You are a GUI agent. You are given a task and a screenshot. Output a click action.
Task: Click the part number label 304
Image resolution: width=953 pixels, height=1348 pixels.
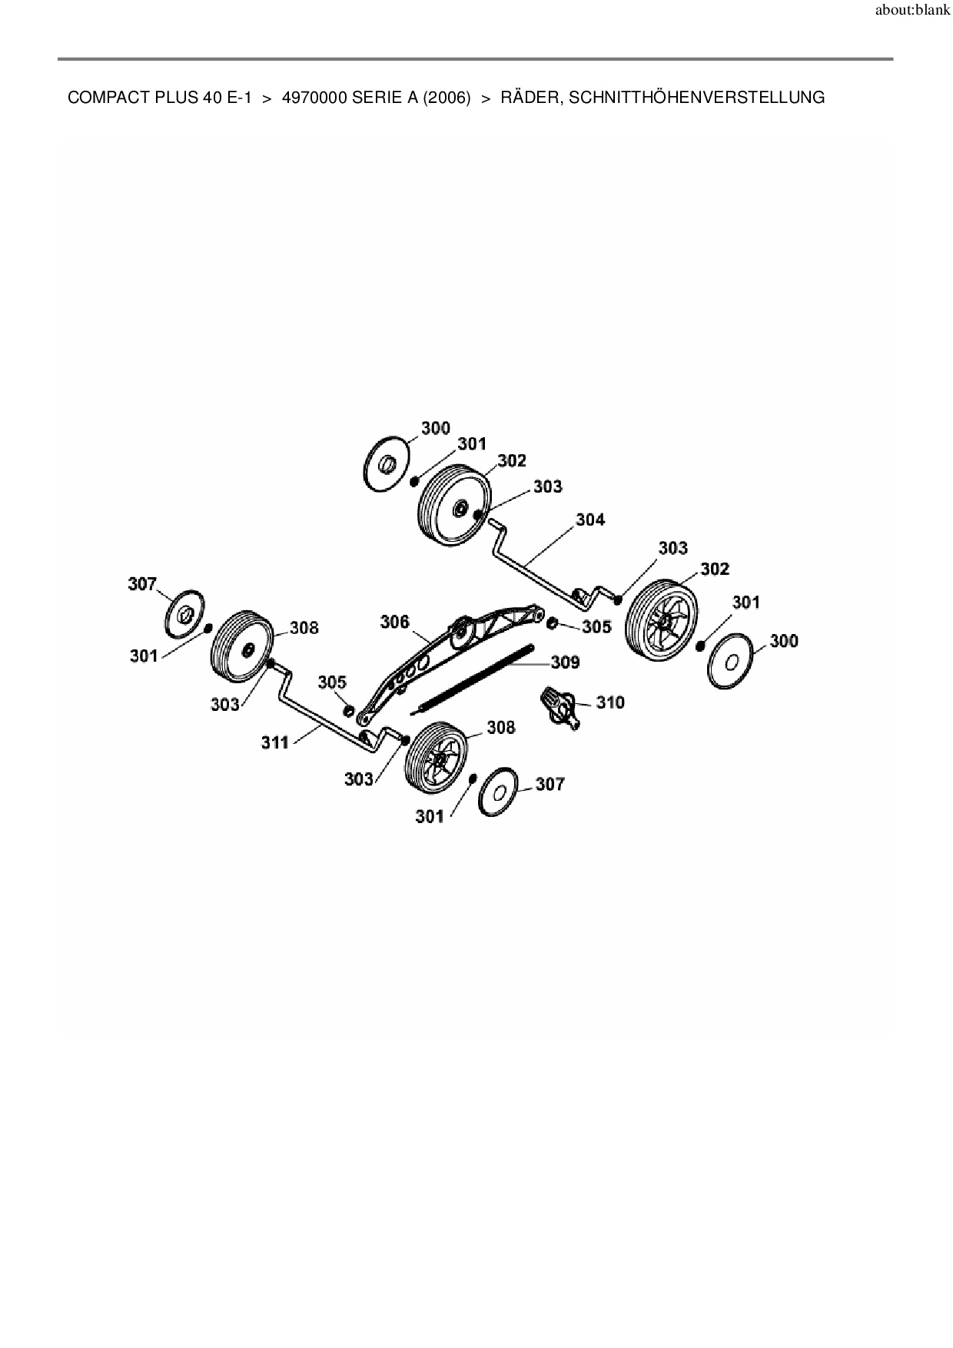tap(590, 520)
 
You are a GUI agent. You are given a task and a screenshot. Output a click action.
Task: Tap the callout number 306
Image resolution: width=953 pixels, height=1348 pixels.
tap(395, 621)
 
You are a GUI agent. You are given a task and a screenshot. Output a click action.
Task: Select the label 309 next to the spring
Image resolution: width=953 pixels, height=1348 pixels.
tap(565, 662)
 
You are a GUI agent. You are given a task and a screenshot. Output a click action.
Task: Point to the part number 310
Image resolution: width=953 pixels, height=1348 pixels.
tap(610, 702)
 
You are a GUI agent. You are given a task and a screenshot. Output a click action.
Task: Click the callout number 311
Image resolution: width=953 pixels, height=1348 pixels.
tap(275, 742)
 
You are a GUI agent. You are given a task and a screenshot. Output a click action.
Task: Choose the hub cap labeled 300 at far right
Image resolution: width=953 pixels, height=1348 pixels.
tap(732, 661)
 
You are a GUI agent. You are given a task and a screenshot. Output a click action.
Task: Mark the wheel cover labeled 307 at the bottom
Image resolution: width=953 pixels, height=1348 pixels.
tap(499, 791)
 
